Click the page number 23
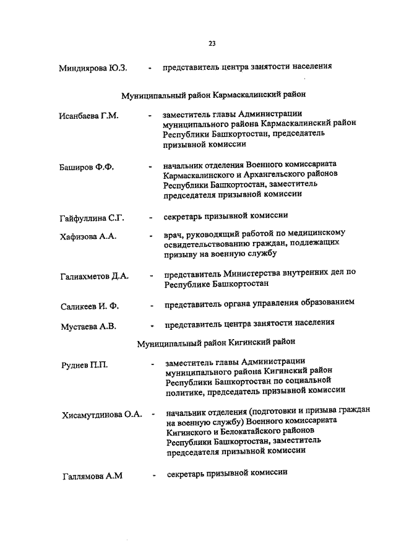click(212, 43)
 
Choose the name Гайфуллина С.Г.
click(92, 218)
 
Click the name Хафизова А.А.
click(88, 236)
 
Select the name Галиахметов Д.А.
click(95, 277)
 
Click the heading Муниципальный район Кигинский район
click(216, 342)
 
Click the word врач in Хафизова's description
click(173, 234)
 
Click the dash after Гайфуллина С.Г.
click(150, 218)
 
